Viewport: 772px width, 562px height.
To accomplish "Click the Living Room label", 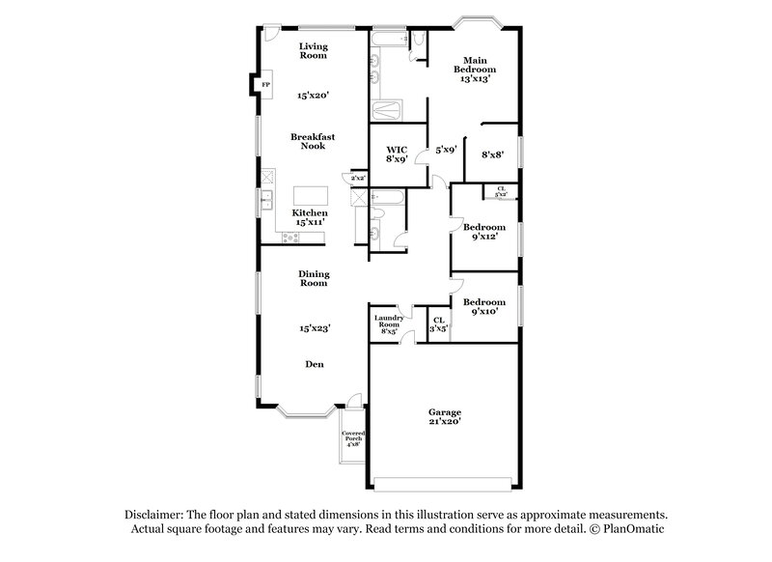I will point(313,51).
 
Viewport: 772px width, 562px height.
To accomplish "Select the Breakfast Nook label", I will point(313,141).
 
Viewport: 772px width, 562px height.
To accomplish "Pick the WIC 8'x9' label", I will point(398,155).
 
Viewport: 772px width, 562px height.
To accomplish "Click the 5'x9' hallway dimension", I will point(446,150).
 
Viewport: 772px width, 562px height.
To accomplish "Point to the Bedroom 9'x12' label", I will point(483,233).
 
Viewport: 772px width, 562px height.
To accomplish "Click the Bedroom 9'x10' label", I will point(483,307).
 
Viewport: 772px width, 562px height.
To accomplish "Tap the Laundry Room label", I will point(388,322).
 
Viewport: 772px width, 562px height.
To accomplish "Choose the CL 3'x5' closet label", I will point(438,324).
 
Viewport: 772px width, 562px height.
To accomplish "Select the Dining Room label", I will point(313,278).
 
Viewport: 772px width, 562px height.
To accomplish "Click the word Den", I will point(314,364).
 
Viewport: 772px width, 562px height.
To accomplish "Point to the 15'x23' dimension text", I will point(315,328).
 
